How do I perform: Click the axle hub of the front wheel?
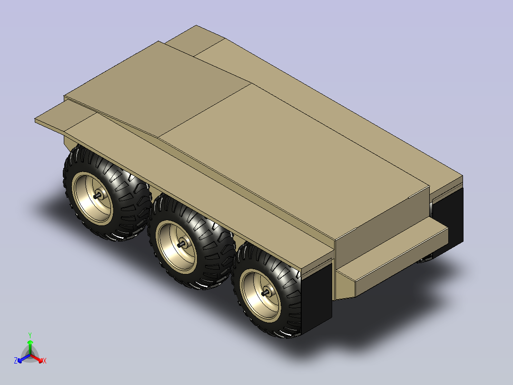tap(98, 196)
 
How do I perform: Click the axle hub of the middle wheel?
tap(182, 244)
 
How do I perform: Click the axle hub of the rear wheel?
tap(266, 292)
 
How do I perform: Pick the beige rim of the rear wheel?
tap(260, 294)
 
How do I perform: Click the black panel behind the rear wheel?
tap(317, 298)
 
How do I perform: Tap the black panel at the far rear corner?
tap(448, 216)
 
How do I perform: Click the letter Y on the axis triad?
tap(30, 335)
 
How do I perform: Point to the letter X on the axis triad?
tap(45, 361)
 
